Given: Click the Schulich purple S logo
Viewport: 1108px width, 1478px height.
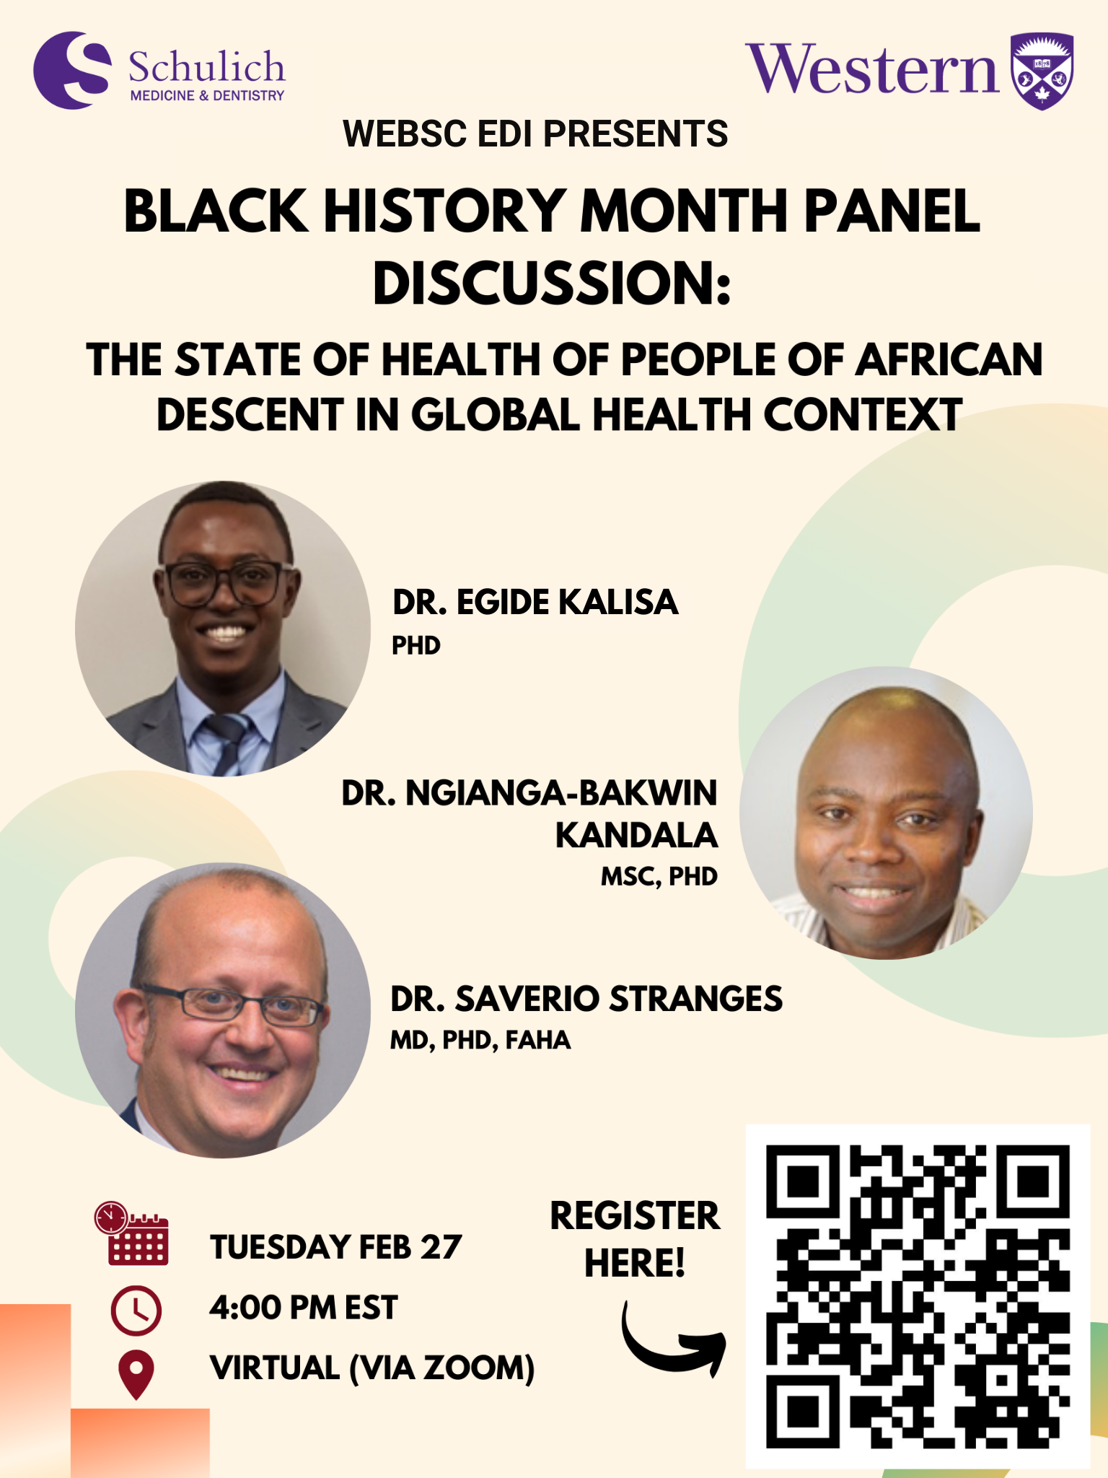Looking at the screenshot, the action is [72, 70].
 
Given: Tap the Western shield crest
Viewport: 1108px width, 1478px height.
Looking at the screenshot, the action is [1042, 71].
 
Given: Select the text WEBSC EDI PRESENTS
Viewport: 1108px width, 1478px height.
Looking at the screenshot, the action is [535, 134].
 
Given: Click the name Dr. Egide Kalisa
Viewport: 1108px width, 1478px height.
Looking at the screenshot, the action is [535, 602].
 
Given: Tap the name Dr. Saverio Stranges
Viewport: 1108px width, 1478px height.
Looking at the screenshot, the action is [586, 999].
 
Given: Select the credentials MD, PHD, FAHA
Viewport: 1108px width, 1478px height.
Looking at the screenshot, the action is [480, 1040].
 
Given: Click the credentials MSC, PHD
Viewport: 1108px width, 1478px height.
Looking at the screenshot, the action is [659, 876].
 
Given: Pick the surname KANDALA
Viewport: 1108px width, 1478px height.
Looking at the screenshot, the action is [636, 835].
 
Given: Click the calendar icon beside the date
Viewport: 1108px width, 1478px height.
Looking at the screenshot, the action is [132, 1233].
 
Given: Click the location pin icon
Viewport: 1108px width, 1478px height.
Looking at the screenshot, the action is [136, 1374].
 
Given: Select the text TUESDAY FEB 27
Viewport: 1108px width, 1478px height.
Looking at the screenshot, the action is [335, 1247].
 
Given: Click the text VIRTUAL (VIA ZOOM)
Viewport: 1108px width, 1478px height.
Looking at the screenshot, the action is [372, 1368].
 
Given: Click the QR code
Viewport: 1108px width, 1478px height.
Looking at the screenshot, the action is [918, 1297].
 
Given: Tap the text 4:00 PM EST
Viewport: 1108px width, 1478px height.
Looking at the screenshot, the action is [303, 1308].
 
